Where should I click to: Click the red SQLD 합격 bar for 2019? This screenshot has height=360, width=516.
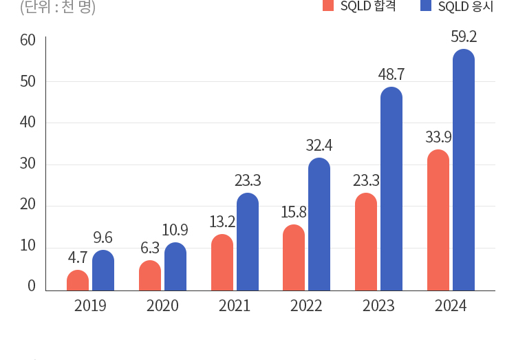click(x=78, y=280)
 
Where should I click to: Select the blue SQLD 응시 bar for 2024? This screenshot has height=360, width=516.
click(x=464, y=170)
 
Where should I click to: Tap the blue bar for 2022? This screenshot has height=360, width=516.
click(x=319, y=224)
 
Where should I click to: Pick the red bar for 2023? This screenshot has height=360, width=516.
click(x=366, y=242)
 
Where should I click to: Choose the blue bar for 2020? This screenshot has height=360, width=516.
click(x=175, y=266)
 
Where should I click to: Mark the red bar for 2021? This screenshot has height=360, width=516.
click(x=222, y=262)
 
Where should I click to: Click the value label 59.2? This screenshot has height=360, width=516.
click(x=464, y=36)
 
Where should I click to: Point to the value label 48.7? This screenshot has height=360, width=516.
click(x=391, y=74)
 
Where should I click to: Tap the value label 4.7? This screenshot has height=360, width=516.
click(x=77, y=258)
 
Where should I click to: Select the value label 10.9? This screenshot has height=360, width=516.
click(x=175, y=231)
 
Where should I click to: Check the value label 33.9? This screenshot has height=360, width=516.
click(x=438, y=137)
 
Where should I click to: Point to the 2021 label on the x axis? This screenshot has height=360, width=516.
click(x=235, y=306)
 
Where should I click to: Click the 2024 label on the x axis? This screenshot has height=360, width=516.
click(x=451, y=306)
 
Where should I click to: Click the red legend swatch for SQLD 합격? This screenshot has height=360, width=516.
click(x=328, y=6)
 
